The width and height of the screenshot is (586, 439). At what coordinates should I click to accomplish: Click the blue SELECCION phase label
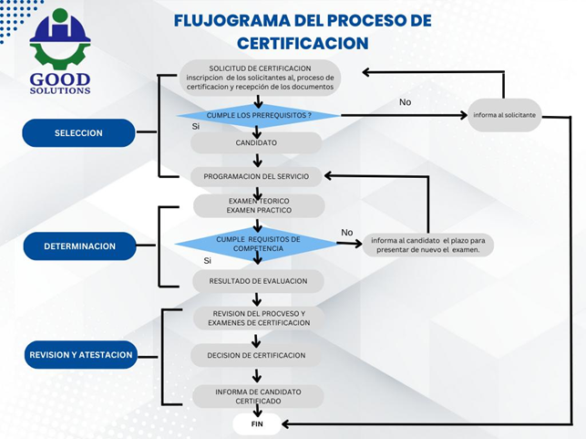[x=78, y=133]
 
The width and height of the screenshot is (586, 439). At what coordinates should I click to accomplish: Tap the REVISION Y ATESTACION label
[x=81, y=355]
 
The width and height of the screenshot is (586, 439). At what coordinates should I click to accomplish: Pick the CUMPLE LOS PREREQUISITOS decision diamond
[x=259, y=115]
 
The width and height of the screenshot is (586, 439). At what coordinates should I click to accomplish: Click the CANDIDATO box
[x=257, y=143]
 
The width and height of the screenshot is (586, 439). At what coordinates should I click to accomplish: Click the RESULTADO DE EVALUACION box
[x=258, y=280]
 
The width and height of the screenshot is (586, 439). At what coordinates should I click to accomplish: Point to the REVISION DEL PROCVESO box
[x=258, y=319]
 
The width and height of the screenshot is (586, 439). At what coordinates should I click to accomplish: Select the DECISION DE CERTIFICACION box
[x=258, y=355]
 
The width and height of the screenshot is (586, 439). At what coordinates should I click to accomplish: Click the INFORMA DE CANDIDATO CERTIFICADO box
[x=258, y=396]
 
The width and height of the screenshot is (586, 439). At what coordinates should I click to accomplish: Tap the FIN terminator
[x=258, y=424]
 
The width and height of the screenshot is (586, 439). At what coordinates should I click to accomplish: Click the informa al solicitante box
[x=504, y=115]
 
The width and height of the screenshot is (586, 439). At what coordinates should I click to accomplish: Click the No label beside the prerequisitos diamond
[x=406, y=102]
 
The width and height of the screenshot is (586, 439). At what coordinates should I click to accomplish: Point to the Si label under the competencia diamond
[x=208, y=261]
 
